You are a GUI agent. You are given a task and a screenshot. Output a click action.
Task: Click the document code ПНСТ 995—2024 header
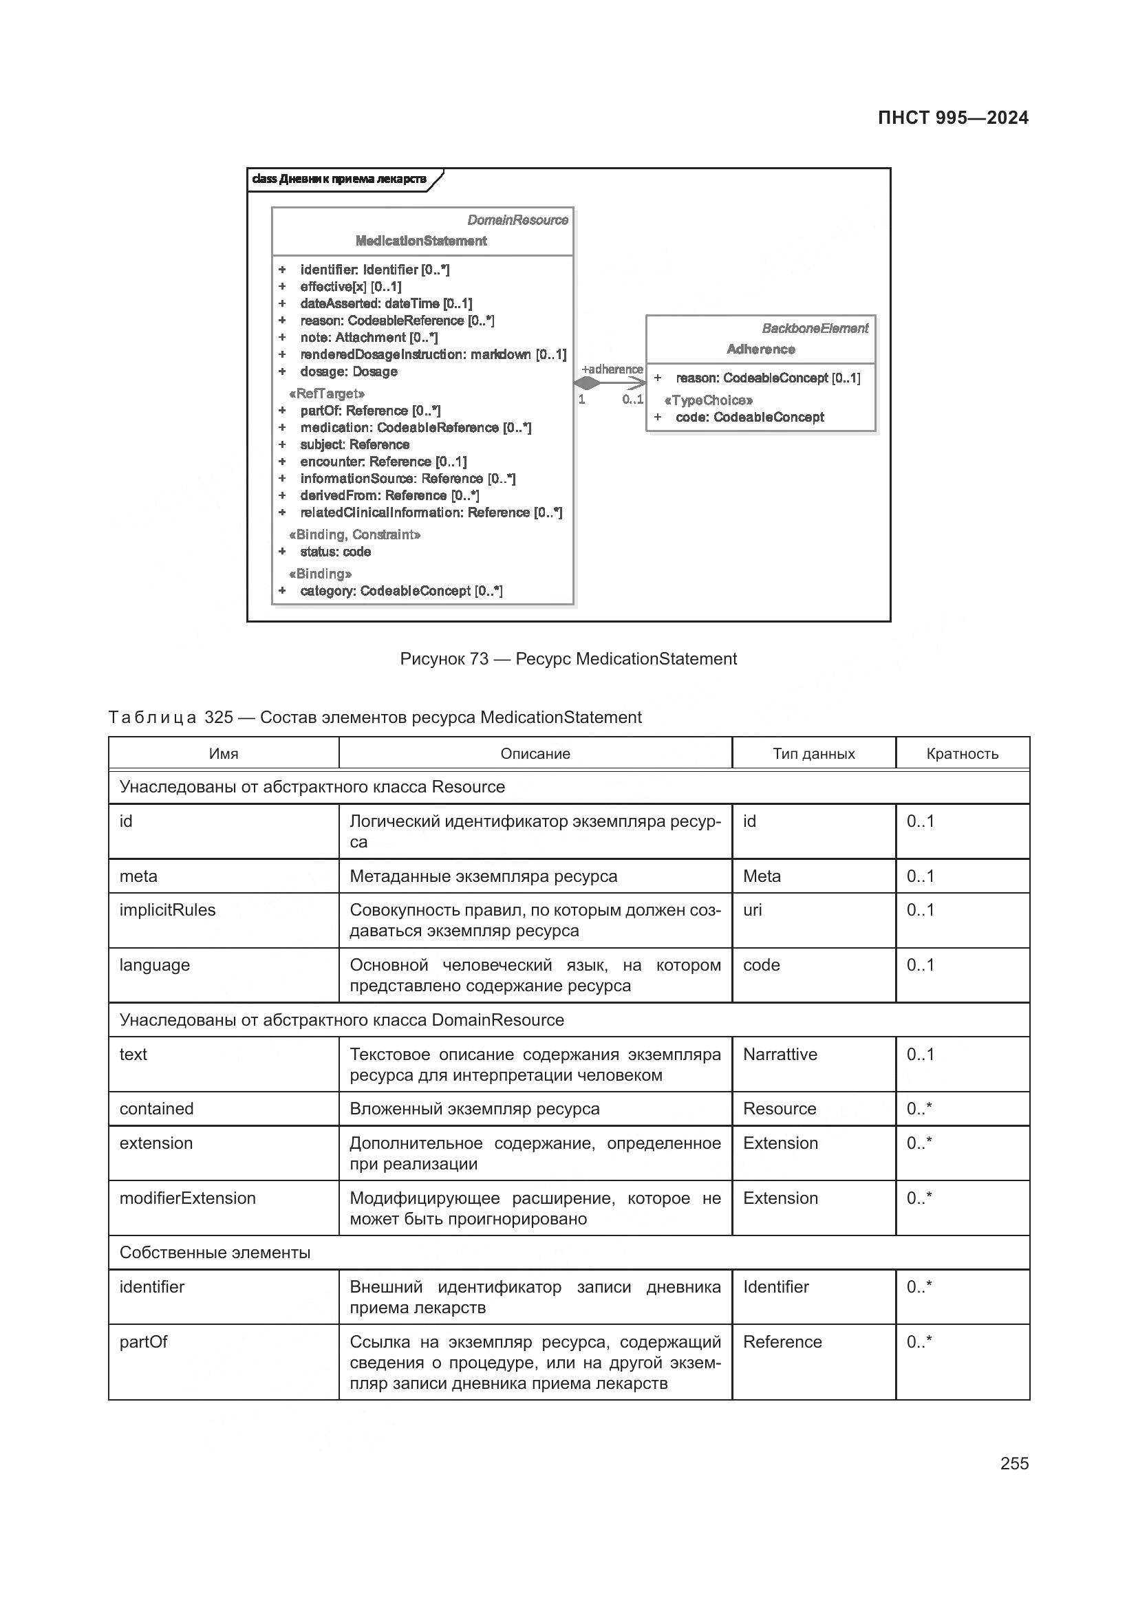[x=952, y=118]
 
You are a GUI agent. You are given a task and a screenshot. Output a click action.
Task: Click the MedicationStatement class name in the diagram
[x=420, y=241]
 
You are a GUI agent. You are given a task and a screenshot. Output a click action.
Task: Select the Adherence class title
[x=760, y=349]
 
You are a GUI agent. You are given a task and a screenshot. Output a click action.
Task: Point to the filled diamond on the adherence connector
[x=586, y=383]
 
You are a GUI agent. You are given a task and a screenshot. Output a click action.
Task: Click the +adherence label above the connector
[x=612, y=369]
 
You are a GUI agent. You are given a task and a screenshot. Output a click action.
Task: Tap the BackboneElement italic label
[x=814, y=328]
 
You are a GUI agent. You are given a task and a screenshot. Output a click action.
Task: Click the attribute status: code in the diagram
[x=335, y=552]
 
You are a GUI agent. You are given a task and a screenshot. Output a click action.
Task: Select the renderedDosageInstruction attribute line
[x=432, y=354]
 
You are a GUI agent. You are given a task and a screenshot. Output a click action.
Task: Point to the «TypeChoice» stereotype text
[x=708, y=400]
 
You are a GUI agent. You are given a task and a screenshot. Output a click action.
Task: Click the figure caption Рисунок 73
[x=568, y=659]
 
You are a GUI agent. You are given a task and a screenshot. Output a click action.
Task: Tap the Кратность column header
[x=961, y=753]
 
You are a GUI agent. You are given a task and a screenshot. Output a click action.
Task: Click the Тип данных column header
[x=813, y=753]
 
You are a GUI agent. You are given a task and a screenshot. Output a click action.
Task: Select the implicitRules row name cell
[x=167, y=909]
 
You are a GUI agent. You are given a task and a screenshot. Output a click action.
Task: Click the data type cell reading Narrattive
[x=780, y=1054]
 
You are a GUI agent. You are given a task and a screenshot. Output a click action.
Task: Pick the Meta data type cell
[x=762, y=876]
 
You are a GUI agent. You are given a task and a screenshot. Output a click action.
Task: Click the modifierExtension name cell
[x=187, y=1198]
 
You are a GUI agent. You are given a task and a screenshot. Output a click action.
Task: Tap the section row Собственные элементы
[x=215, y=1252]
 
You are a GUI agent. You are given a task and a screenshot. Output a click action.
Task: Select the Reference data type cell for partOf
[x=782, y=1341]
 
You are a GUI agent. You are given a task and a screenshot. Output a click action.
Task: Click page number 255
[x=1013, y=1463]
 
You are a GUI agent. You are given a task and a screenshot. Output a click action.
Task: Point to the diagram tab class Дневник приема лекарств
[x=339, y=180]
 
